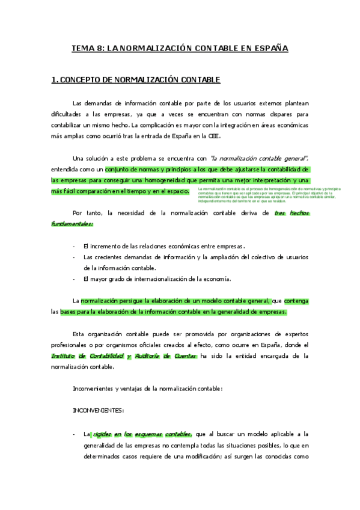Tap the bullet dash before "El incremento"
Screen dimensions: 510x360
(x=73, y=246)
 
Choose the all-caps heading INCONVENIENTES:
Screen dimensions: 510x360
(x=98, y=410)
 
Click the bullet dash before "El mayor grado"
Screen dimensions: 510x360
(x=73, y=278)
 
